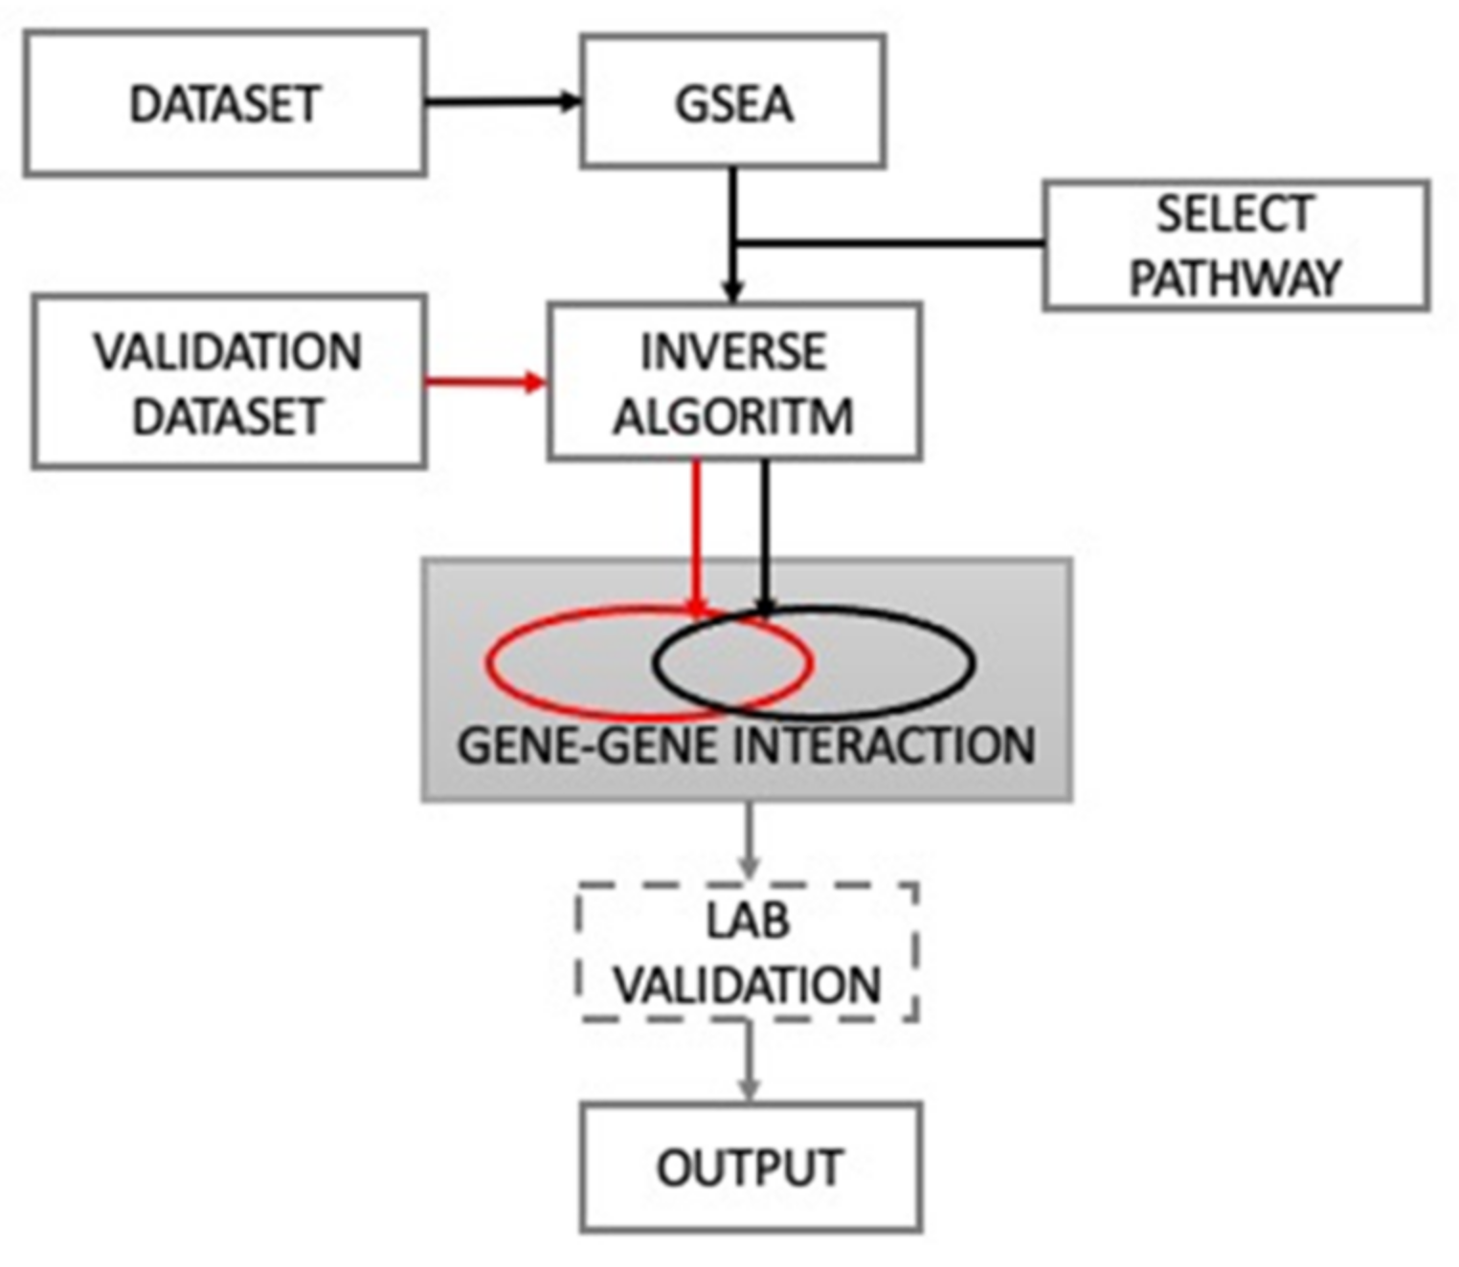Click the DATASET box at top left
pyautogui.click(x=225, y=103)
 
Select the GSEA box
pyautogui.click(x=733, y=102)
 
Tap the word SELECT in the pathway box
pyautogui.click(x=1234, y=214)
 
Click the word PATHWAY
pyautogui.click(x=1234, y=278)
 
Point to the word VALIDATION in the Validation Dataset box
pyautogui.click(x=228, y=352)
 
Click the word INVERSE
pyautogui.click(x=733, y=352)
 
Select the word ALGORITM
pyautogui.click(x=733, y=416)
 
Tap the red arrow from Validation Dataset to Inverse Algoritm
pyautogui.click(x=483, y=383)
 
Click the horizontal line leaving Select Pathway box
pyautogui.click(x=890, y=244)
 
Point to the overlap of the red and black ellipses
pyautogui.click(x=732, y=662)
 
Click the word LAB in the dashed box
pyautogui.click(x=748, y=921)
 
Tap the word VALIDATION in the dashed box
pyautogui.click(x=748, y=985)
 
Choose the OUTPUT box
pyautogui.click(x=751, y=1167)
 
